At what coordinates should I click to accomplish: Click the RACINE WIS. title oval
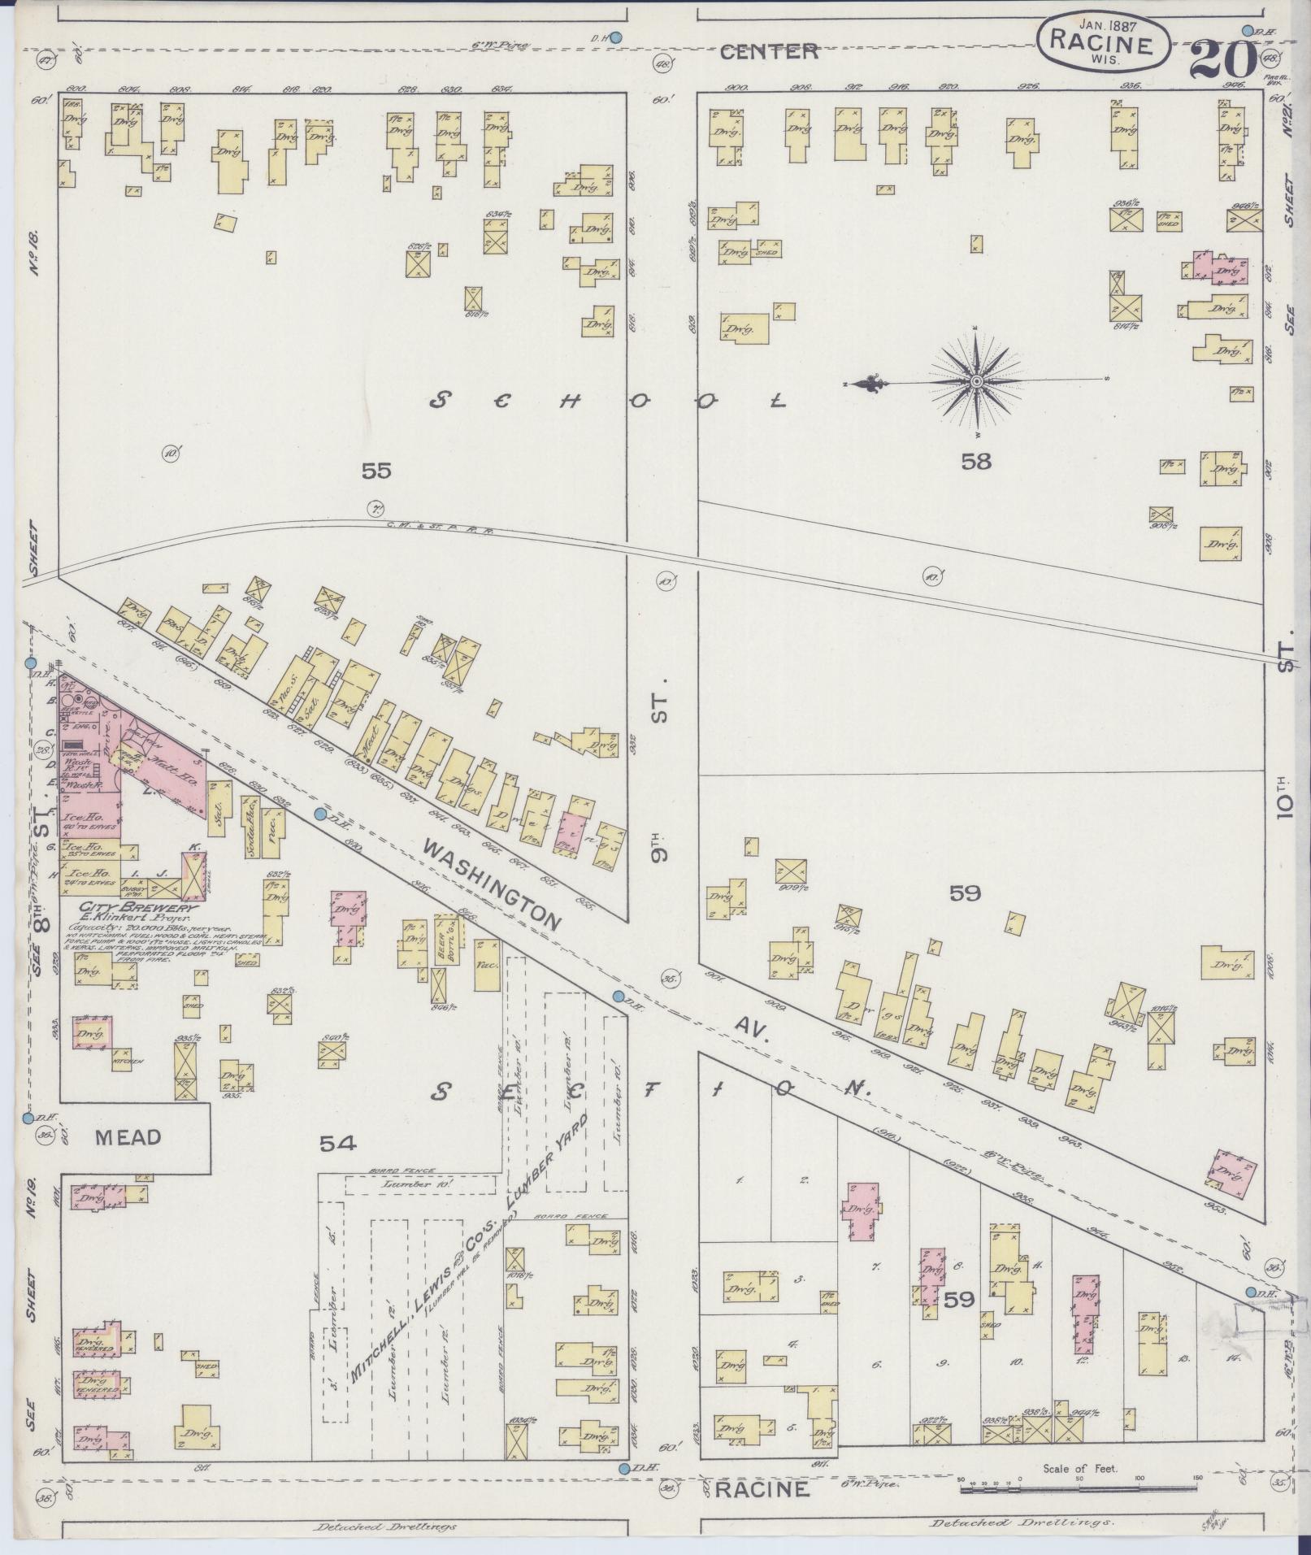point(1103,46)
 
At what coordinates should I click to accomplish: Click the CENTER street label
point(769,52)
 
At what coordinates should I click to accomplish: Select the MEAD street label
point(128,1137)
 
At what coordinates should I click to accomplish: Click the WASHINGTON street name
point(492,884)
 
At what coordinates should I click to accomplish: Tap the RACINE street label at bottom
point(762,1489)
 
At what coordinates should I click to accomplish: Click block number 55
point(377,470)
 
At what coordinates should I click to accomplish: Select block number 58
point(976,462)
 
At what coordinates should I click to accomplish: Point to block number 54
point(337,1144)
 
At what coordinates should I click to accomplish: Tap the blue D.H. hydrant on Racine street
point(624,1468)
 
